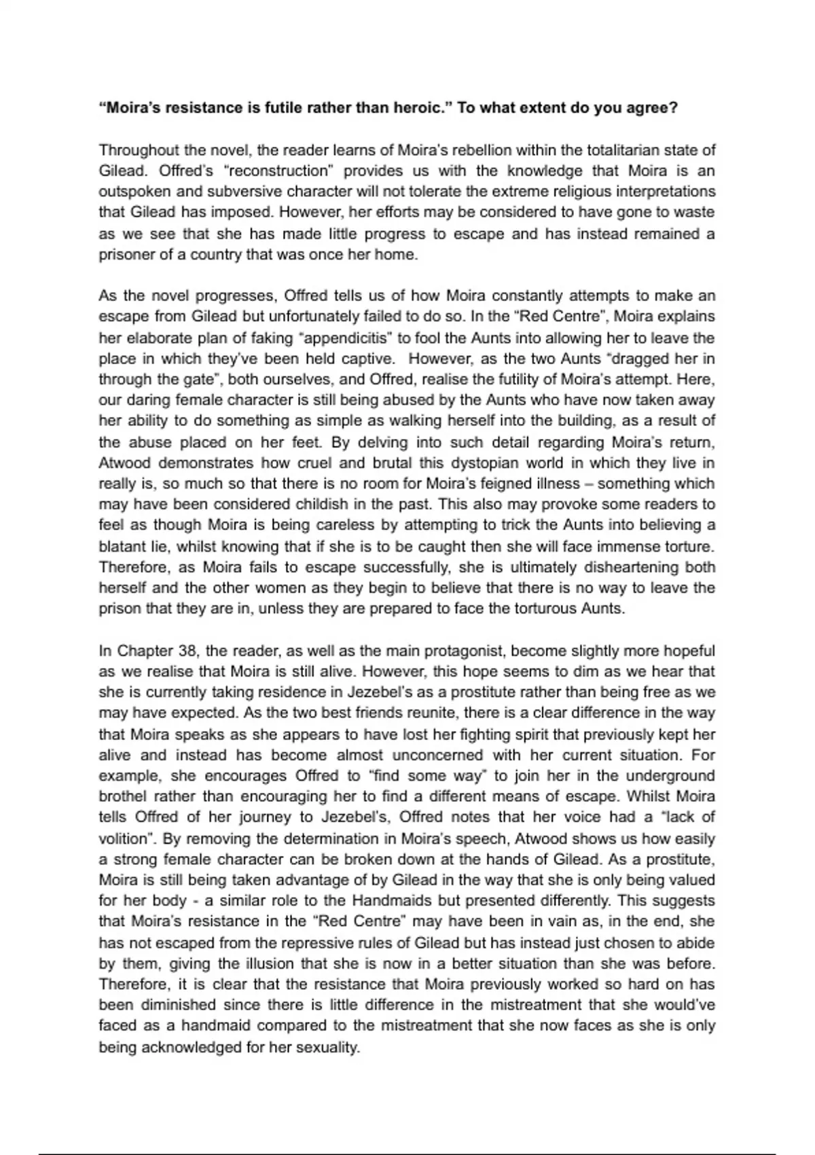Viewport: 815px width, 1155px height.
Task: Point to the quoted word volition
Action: coord(124,838)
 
